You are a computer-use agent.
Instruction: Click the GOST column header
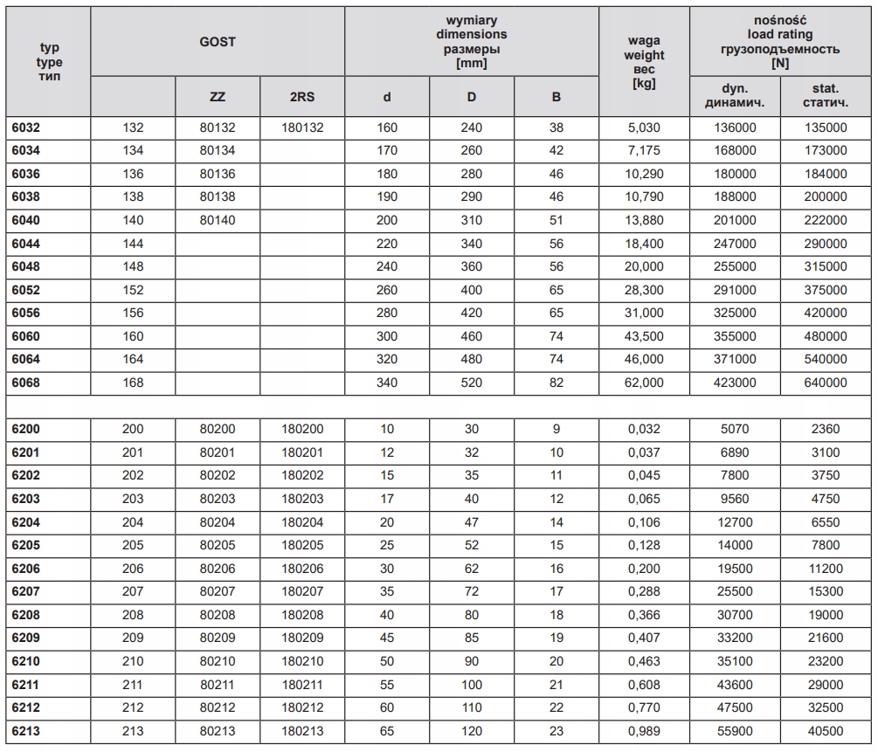tap(218, 42)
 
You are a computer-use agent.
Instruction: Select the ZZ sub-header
tap(218, 97)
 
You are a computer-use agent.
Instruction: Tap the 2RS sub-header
tap(302, 97)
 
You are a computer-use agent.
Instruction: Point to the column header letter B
tap(557, 97)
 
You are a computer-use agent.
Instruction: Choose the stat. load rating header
tap(825, 95)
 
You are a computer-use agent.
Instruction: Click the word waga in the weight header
tap(644, 40)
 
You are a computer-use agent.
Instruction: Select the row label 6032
tap(26, 128)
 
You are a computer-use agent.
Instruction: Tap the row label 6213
tap(26, 731)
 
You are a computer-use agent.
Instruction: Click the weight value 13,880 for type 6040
tap(644, 220)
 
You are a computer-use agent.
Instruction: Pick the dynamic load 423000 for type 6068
tap(734, 383)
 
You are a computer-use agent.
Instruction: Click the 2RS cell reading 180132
tap(302, 128)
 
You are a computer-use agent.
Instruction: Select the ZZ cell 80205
tap(218, 545)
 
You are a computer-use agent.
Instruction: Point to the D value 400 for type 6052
tap(472, 290)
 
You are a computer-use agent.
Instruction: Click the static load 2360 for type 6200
tap(825, 429)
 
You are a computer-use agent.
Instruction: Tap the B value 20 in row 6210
tap(557, 661)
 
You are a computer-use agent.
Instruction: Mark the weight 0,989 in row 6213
tap(644, 731)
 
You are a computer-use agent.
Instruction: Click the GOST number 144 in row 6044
tap(134, 244)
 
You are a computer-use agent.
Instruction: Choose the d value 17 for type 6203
tap(387, 499)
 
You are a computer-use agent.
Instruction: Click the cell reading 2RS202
tap(302, 476)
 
